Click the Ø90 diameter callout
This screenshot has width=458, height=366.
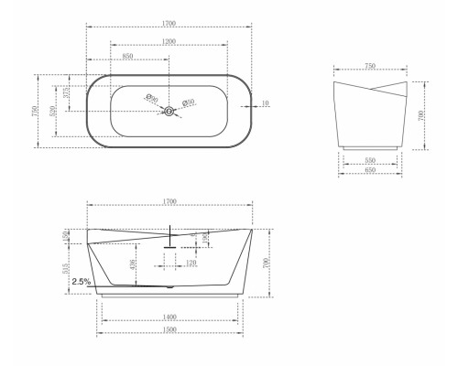[153, 99]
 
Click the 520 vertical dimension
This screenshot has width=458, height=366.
[53, 109]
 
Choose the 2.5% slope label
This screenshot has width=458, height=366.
[80, 282]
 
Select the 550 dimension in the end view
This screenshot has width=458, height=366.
[371, 159]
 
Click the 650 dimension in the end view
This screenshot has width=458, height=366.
[371, 170]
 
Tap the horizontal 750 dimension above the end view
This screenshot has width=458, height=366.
[369, 66]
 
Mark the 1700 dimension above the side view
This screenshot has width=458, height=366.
[169, 200]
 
